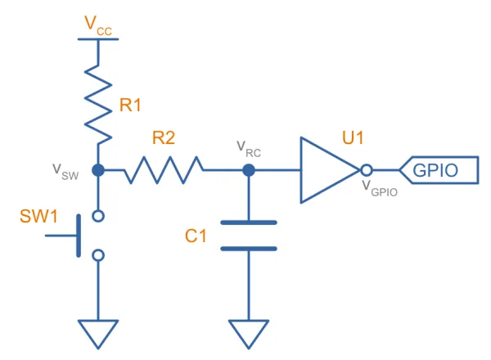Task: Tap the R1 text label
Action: click(x=131, y=105)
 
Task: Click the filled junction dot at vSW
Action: click(x=98, y=170)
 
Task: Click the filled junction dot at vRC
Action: click(x=249, y=170)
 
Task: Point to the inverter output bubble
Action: click(x=367, y=170)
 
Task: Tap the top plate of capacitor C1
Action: click(x=249, y=222)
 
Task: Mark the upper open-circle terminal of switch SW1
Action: click(x=98, y=216)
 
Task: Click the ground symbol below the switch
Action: click(x=98, y=331)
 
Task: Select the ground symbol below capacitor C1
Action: click(x=249, y=331)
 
